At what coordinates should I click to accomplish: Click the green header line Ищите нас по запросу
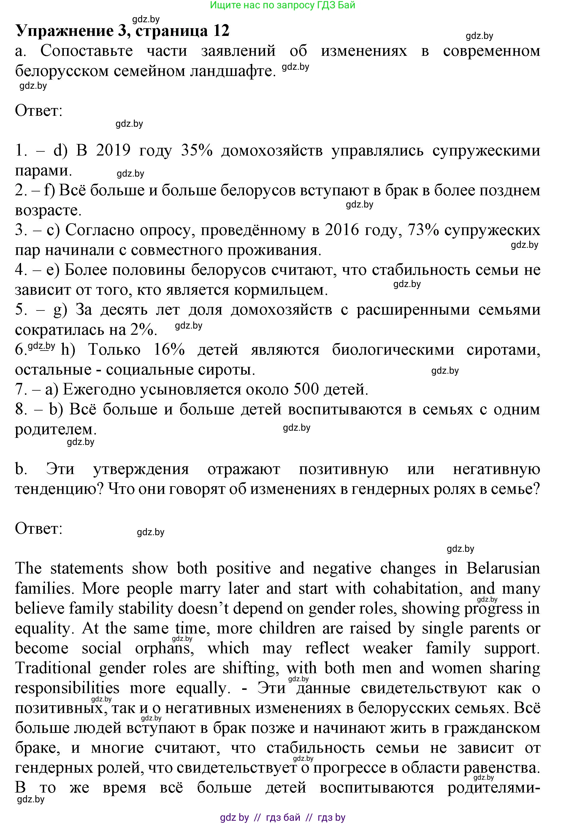(282, 5)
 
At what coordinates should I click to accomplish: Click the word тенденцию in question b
(59, 489)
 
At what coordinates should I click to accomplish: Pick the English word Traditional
(53, 668)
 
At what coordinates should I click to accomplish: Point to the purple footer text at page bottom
(282, 817)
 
